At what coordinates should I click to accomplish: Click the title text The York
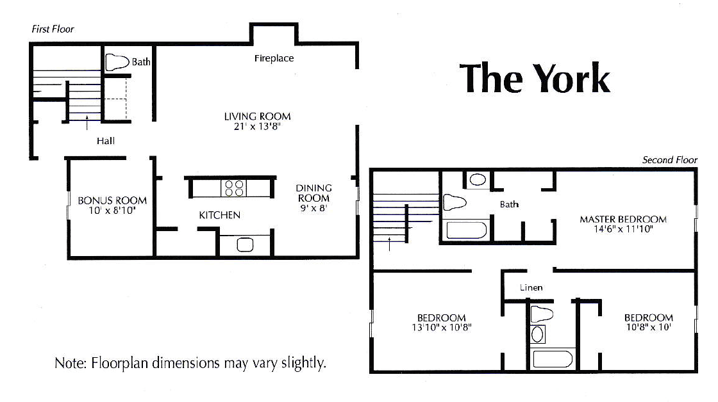535,78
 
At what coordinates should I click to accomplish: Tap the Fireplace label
274,58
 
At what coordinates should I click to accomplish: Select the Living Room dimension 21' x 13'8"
257,127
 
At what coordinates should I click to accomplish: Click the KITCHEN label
219,215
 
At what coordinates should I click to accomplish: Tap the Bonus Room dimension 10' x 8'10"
112,209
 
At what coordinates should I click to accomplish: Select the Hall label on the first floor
106,141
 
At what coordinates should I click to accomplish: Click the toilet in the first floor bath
117,61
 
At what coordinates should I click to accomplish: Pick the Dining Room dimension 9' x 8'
313,208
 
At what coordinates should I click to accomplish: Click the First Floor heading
53,29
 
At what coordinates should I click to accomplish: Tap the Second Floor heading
669,160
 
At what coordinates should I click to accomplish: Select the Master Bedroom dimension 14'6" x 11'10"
622,229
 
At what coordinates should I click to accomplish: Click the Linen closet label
531,287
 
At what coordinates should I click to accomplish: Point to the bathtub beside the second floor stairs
468,229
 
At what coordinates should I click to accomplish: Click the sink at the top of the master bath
478,180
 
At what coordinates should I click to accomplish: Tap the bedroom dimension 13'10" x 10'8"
441,328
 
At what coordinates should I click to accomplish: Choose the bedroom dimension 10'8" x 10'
648,328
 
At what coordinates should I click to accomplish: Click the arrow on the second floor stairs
390,242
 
